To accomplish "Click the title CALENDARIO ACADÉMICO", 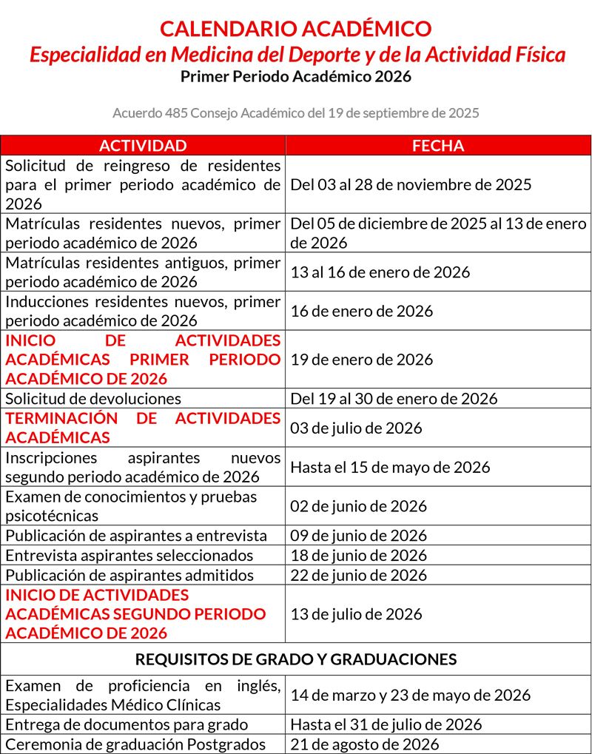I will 296,29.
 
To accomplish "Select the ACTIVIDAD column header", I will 143,146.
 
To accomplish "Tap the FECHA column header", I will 438,146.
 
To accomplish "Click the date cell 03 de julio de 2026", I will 356,428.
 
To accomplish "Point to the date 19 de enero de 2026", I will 361,360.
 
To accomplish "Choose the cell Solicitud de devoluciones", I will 93,399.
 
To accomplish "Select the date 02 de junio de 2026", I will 358,506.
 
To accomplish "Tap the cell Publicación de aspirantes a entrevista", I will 136,536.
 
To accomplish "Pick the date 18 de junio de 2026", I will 358,555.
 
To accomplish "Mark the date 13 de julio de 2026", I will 356,614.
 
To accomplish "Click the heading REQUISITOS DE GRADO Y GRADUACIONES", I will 296,659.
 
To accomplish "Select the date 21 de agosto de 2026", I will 364,744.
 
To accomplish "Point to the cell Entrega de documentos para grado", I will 127,724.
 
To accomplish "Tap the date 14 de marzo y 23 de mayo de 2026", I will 410,695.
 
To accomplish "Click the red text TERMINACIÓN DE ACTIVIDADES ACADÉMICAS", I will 143,428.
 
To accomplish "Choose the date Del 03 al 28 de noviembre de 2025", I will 411,184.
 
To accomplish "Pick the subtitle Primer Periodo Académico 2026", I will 296,76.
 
